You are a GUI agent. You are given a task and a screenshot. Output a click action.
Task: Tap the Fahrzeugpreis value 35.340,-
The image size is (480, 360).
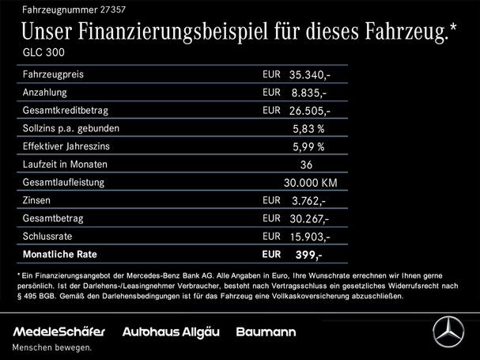[310, 75]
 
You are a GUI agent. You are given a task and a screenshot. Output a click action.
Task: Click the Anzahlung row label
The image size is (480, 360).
[45, 92]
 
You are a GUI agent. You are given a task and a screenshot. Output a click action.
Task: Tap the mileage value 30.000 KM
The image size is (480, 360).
[311, 183]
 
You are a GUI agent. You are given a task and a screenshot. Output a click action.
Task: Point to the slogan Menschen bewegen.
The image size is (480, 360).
[51, 347]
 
